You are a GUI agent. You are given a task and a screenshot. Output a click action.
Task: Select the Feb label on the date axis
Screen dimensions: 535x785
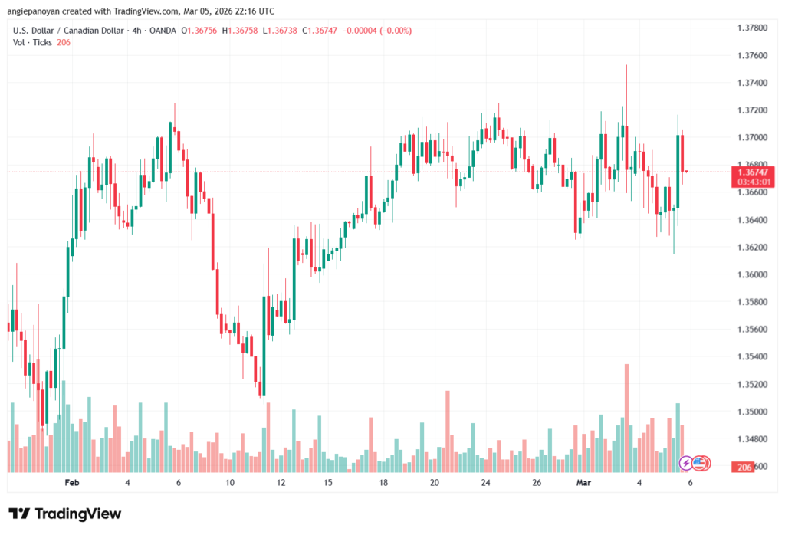pos(72,482)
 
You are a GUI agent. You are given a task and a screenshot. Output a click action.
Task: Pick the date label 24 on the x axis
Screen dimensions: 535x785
pos(485,482)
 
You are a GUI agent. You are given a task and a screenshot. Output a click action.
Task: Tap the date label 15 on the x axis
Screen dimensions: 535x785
pos(327,482)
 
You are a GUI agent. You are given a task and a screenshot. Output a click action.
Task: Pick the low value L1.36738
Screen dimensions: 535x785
pos(281,31)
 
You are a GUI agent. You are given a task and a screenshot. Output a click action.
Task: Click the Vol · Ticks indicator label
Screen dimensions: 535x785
pos(33,42)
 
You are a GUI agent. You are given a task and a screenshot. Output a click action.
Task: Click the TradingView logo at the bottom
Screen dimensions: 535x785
pos(64,514)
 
